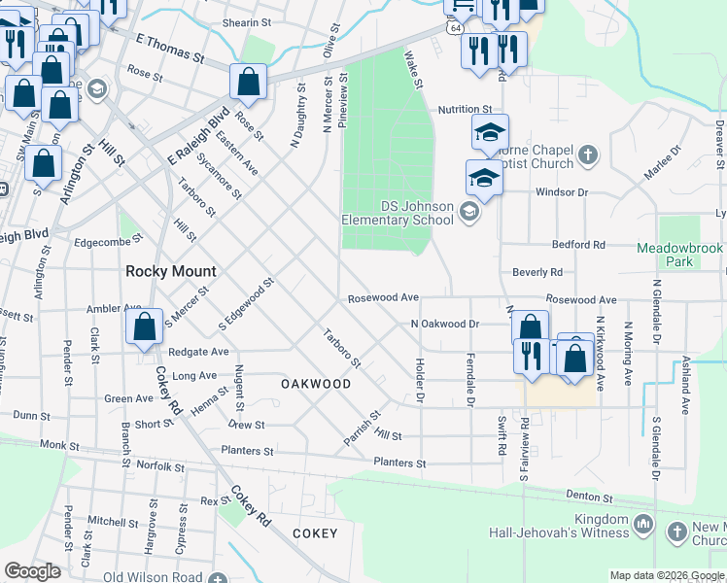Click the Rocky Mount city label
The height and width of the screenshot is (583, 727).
coord(170,271)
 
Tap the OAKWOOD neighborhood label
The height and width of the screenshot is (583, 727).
coord(316,384)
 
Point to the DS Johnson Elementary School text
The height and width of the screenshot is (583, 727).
coord(398,213)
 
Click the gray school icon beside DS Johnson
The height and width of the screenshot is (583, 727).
coord(469,211)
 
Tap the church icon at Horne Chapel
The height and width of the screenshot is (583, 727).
coord(587,154)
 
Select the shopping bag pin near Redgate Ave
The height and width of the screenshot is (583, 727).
coord(145,328)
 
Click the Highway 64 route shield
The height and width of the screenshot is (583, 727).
coord(455,29)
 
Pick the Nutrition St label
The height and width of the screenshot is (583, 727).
coord(466,111)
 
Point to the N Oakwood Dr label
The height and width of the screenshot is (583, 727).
coord(445,324)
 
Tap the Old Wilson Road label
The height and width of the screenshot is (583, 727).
coord(154,577)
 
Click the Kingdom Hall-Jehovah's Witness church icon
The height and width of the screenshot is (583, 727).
coord(641,526)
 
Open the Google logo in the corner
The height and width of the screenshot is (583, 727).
coord(33,571)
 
